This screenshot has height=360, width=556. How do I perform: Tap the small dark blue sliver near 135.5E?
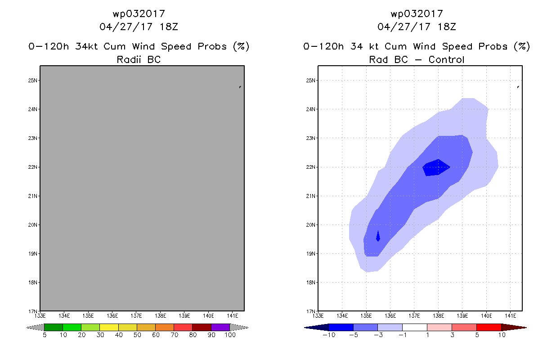pyautogui.click(x=378, y=236)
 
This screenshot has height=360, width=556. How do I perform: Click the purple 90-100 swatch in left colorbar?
pyautogui.click(x=220, y=327)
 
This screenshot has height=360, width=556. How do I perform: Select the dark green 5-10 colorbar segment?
pyautogui.click(x=54, y=327)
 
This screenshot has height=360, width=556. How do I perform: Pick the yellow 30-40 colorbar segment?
pyautogui.click(x=109, y=327)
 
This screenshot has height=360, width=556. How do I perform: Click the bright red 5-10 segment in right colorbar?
pyautogui.click(x=489, y=327)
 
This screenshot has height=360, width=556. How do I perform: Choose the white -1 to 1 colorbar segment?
pyautogui.click(x=415, y=327)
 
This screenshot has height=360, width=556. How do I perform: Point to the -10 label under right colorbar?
pyautogui.click(x=328, y=336)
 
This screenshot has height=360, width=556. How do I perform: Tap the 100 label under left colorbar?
pyautogui.click(x=230, y=336)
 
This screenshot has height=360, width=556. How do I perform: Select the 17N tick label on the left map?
pyautogui.click(x=32, y=311)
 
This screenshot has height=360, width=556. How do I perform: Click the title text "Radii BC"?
pyautogui.click(x=139, y=59)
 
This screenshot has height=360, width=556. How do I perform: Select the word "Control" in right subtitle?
pyautogui.click(x=446, y=59)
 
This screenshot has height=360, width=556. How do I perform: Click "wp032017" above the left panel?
pyautogui.click(x=139, y=13)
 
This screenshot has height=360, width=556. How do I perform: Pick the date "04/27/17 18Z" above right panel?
pyautogui.click(x=417, y=27)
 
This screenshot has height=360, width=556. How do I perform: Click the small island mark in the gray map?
pyautogui.click(x=240, y=87)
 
